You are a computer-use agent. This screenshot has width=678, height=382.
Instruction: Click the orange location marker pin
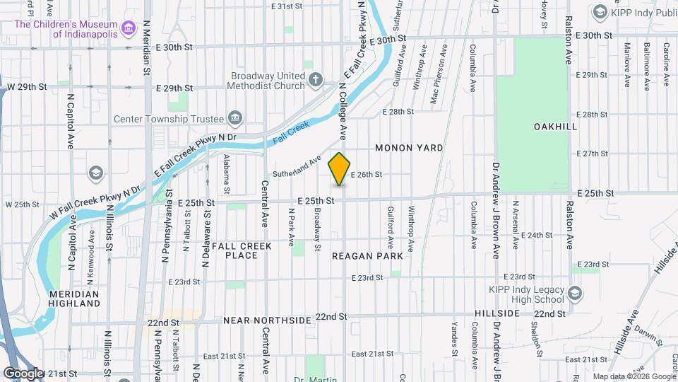coord(340,169)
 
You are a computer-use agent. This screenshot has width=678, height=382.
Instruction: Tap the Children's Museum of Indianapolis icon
coord(128,29)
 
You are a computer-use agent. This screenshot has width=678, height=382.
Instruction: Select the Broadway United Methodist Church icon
coord(316,81)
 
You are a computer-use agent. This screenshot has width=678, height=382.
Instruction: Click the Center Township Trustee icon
coord(235,118)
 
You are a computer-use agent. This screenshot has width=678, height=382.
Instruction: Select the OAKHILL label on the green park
coord(557,126)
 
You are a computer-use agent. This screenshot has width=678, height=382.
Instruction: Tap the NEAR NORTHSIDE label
coord(267,320)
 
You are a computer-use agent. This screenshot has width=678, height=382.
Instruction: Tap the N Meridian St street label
coord(147,49)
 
